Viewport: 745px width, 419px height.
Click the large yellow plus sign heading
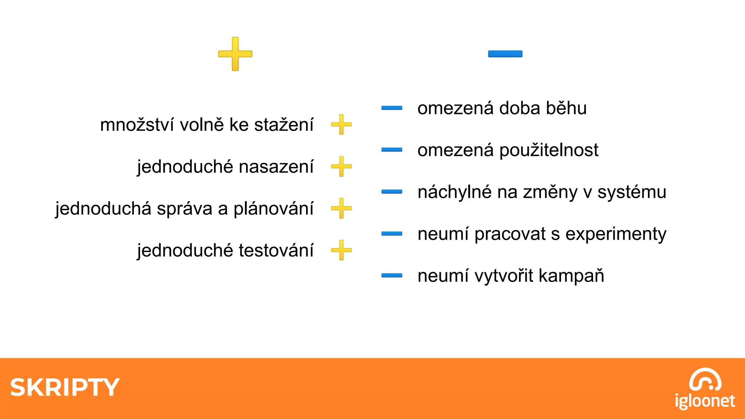(x=235, y=54)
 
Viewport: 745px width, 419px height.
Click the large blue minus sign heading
(x=505, y=54)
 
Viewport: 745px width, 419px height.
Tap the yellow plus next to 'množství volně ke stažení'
(x=341, y=124)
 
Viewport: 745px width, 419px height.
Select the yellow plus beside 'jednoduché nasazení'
(x=341, y=167)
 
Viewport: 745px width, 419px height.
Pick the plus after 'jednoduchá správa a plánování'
(x=341, y=208)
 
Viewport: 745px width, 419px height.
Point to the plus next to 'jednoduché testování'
(x=341, y=250)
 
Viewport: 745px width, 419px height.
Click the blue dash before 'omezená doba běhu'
(x=392, y=108)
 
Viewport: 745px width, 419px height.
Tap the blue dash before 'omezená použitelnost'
(x=392, y=150)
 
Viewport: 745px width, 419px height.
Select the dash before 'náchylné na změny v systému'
(x=392, y=192)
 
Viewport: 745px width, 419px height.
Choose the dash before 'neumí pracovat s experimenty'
(x=392, y=234)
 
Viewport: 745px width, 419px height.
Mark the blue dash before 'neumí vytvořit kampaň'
(x=392, y=276)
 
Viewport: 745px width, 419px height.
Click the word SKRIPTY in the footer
(x=65, y=387)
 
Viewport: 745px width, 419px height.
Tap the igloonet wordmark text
(x=705, y=401)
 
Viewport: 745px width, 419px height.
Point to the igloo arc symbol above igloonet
(x=705, y=379)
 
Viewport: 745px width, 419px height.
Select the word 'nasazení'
(x=276, y=167)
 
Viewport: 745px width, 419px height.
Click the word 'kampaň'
(x=571, y=276)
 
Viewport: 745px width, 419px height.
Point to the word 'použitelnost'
(x=549, y=150)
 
